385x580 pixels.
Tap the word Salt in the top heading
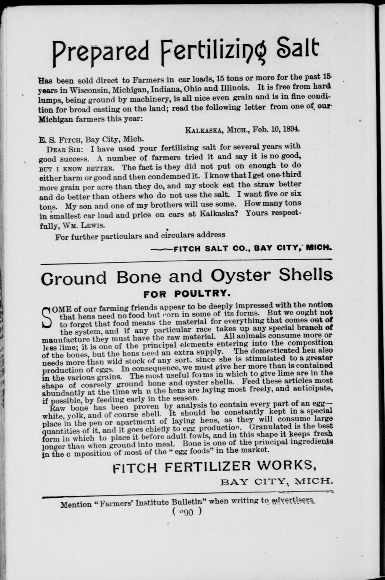click(x=300, y=50)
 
